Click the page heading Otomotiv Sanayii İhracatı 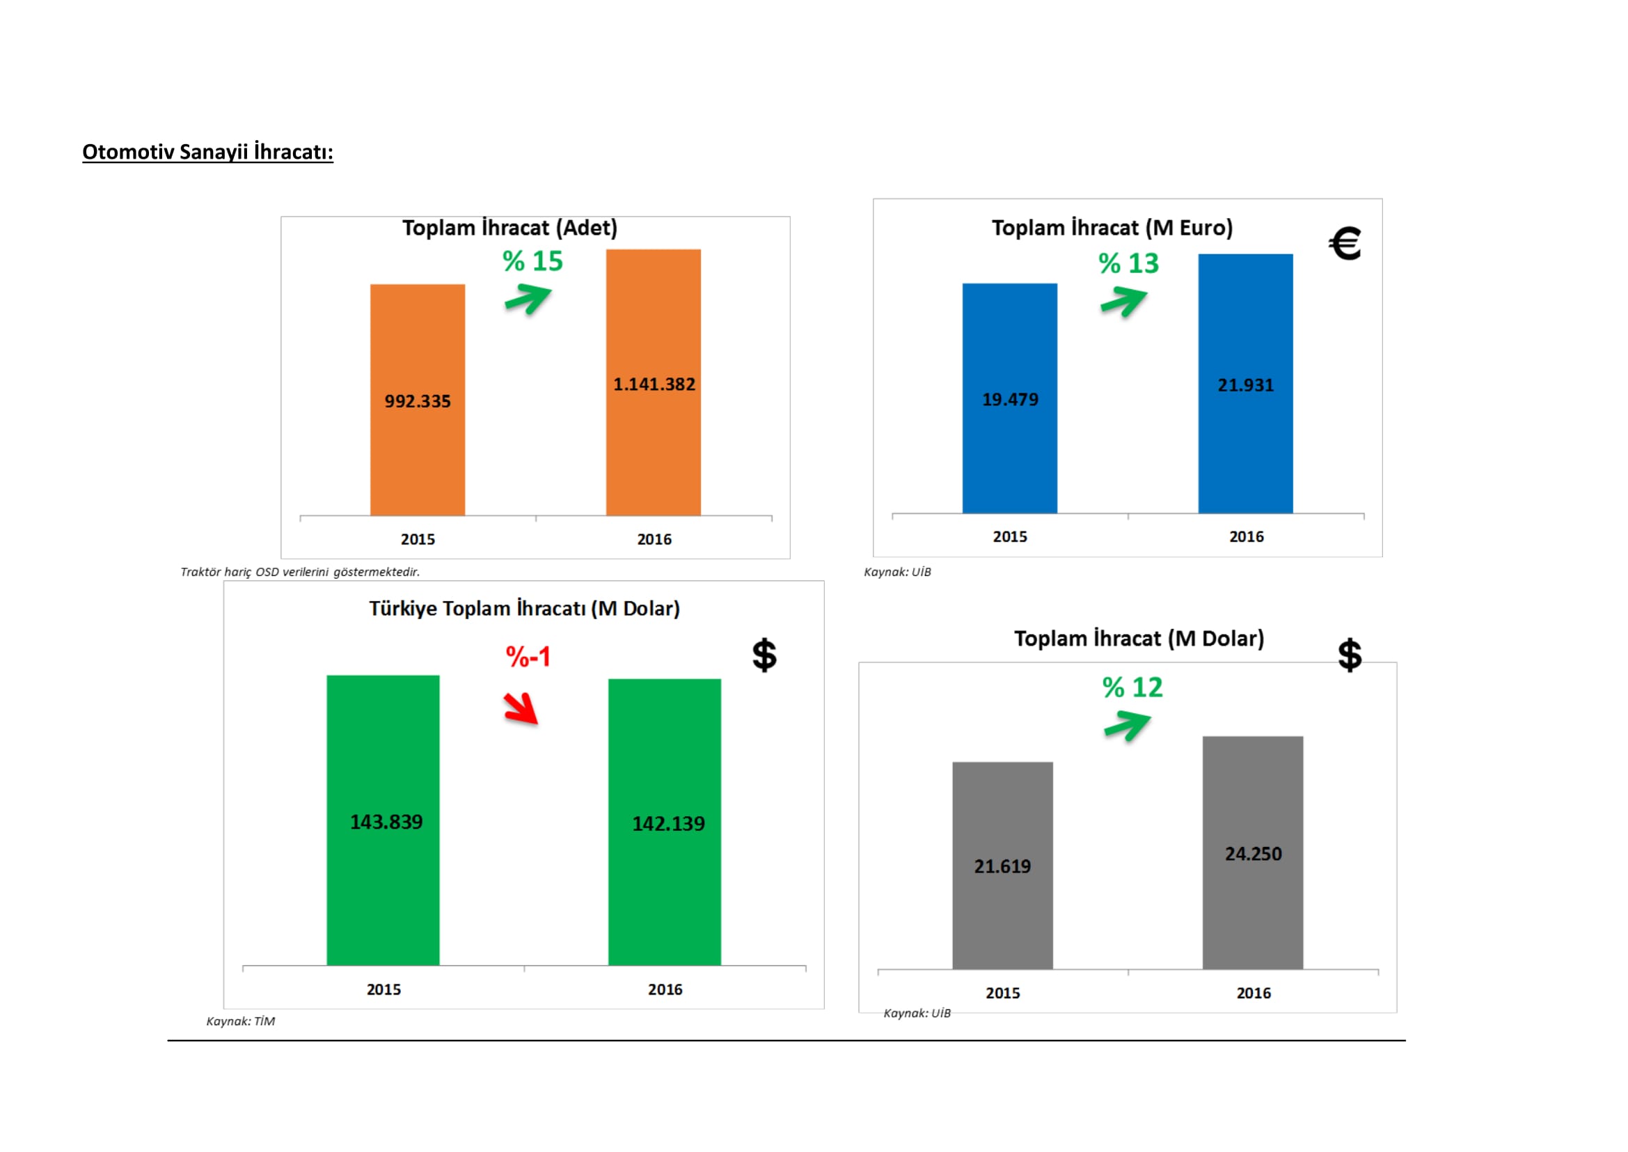tap(207, 152)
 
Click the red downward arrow tap(521, 708)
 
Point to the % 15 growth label tap(532, 261)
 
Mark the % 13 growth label tap(1129, 263)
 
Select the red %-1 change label tap(528, 657)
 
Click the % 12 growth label tap(1132, 687)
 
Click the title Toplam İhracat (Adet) tap(509, 228)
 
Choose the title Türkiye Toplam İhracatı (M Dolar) tap(524, 609)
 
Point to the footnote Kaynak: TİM tap(240, 1021)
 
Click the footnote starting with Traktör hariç tap(300, 572)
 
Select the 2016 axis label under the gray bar tap(1253, 993)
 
